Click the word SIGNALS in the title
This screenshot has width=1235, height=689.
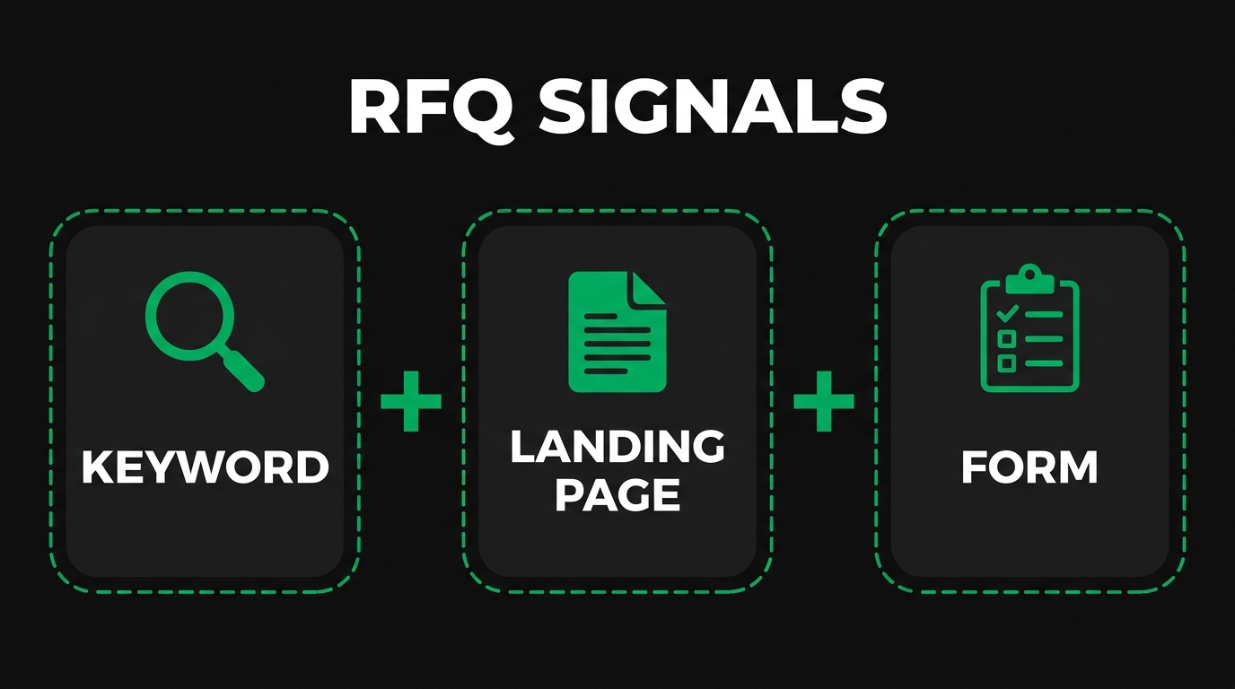point(714,107)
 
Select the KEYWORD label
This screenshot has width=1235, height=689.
point(206,467)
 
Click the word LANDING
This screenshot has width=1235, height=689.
point(617,447)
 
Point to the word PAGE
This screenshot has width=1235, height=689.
point(617,494)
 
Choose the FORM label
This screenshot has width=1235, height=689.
point(1029,467)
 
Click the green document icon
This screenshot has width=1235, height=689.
point(617,332)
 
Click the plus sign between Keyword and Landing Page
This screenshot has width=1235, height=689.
point(411,400)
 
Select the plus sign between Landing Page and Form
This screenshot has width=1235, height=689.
point(824,400)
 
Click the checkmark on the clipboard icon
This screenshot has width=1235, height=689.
point(1007,313)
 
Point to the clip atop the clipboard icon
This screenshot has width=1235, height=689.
point(1029,278)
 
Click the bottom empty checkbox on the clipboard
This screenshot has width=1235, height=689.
point(1007,363)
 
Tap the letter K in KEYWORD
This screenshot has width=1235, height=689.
point(96,467)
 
